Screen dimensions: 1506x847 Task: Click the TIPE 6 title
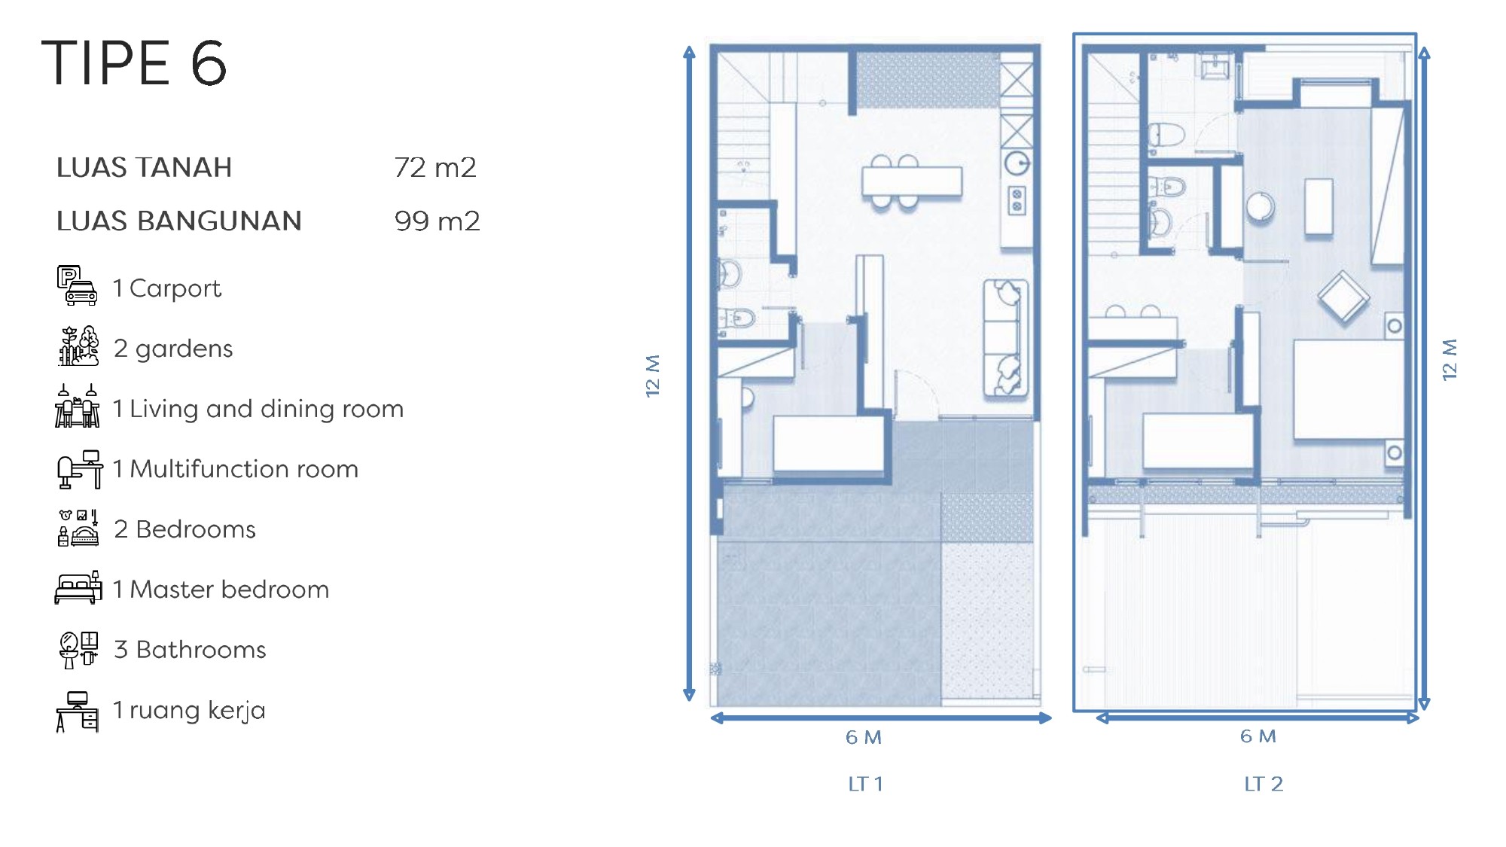(134, 62)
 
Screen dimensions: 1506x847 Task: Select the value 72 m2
(435, 167)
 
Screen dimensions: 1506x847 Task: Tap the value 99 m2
(437, 221)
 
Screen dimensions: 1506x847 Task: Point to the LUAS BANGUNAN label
(179, 221)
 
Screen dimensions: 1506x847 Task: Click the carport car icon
(78, 286)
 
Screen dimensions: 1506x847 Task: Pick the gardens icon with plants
(78, 346)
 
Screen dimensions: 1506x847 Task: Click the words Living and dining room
(267, 408)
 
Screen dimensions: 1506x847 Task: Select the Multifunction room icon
(80, 469)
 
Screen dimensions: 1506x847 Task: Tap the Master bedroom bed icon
(78, 588)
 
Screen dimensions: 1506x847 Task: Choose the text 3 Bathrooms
(190, 649)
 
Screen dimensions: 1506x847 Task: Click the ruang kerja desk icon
(78, 711)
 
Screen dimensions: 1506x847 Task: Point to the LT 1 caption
(865, 784)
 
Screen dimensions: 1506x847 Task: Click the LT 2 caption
(1263, 784)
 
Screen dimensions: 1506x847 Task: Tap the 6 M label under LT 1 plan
(863, 737)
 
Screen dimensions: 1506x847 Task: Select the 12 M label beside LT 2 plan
(1449, 360)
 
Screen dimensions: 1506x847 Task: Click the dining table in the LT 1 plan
(912, 181)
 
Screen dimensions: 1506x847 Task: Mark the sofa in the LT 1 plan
(1006, 338)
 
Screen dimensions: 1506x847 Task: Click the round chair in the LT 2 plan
(1261, 206)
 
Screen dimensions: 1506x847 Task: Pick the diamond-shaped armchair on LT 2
(1343, 297)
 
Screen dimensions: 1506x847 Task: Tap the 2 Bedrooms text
(184, 529)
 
